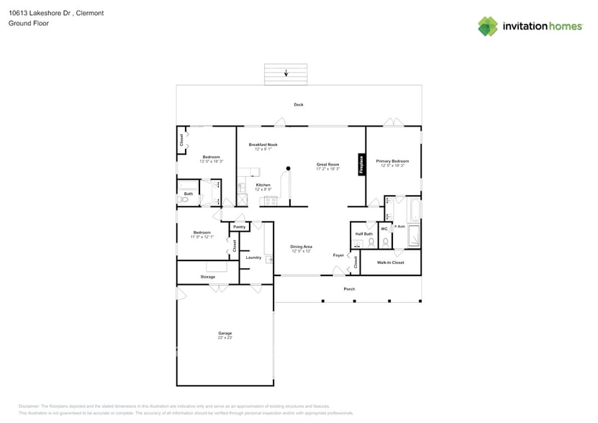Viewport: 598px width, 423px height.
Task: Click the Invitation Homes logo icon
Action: [x=488, y=27]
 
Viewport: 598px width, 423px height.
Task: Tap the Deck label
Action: [x=299, y=105]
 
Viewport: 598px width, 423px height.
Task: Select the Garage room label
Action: [x=225, y=333]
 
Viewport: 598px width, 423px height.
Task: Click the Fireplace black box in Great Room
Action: [x=362, y=164]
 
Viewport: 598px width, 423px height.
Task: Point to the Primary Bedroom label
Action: [x=392, y=161]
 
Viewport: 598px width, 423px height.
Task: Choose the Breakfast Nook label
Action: [x=263, y=145]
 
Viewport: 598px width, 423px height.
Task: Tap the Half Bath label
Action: [x=363, y=234]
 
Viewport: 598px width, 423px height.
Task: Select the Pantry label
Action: [x=240, y=227]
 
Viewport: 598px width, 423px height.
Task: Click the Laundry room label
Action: [x=253, y=257]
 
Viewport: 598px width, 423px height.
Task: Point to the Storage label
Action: [x=208, y=277]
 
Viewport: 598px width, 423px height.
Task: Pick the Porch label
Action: [x=349, y=289]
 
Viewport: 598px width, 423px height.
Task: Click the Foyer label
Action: [x=338, y=255]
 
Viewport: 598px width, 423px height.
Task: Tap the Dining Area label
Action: [x=301, y=247]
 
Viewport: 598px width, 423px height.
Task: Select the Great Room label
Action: [x=327, y=165]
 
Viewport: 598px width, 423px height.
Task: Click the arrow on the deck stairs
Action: [x=286, y=73]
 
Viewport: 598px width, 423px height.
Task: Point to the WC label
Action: [x=384, y=229]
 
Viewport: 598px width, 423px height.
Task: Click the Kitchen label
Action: [x=263, y=185]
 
